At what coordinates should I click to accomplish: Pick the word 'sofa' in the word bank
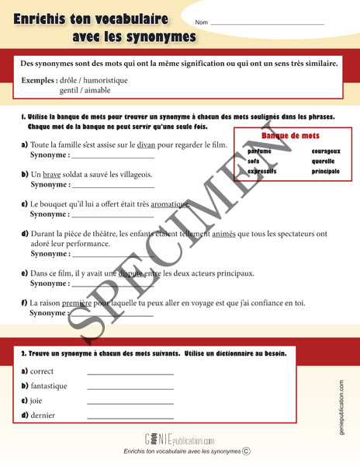pos(254,161)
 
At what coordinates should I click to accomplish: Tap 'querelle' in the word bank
pos(324,161)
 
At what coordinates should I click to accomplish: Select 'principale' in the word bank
pos(326,171)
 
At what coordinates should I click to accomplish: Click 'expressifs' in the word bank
pos(262,171)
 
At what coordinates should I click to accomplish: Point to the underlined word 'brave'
pos(51,175)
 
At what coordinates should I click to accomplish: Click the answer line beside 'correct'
pos(130,374)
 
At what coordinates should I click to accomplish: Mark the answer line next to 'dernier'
pos(130,418)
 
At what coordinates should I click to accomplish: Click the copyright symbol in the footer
pos(246,450)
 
